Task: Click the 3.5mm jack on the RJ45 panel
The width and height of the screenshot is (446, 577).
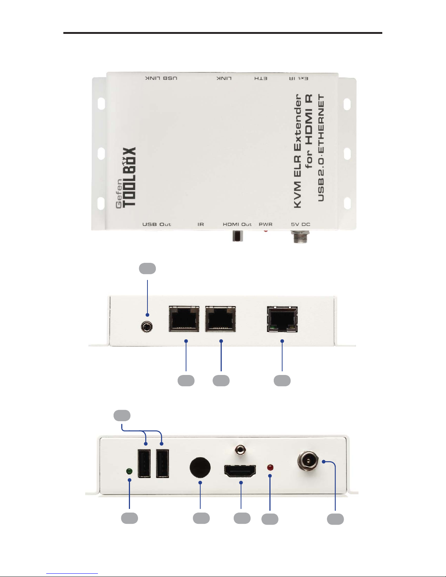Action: [147, 327]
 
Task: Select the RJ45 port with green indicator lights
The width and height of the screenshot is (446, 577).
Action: [282, 319]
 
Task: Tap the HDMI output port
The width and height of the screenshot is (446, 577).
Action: [240, 471]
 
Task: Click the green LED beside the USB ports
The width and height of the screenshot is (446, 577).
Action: [129, 471]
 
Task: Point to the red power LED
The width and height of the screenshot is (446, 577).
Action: [270, 467]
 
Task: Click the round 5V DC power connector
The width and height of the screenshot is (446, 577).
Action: [308, 462]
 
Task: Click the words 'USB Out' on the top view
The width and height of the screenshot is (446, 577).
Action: [157, 224]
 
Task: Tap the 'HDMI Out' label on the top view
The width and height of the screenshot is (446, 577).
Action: [237, 224]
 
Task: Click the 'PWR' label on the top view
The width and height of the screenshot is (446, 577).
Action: [265, 224]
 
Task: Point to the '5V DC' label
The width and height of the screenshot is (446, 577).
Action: [300, 224]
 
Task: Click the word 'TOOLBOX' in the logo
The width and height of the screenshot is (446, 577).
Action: [129, 177]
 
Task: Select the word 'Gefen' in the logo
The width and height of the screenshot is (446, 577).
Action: [119, 194]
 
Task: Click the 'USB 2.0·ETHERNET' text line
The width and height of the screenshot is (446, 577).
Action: [321, 148]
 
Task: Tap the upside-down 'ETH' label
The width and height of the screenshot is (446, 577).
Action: [261, 78]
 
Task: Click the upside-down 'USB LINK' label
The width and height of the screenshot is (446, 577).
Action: [161, 78]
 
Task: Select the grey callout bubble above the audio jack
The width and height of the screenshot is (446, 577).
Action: [147, 268]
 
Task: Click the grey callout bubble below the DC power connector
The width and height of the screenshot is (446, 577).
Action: [335, 519]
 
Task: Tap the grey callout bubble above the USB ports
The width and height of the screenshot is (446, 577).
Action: [122, 416]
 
